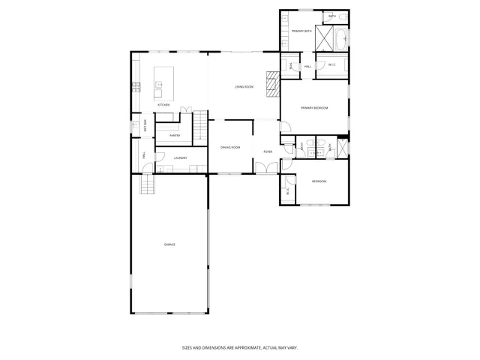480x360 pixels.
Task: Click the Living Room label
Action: pyautogui.click(x=244, y=87)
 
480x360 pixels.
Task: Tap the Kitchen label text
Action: pyautogui.click(x=163, y=105)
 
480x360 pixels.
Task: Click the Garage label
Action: pyautogui.click(x=169, y=244)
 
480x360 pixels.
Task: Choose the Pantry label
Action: pyautogui.click(x=175, y=136)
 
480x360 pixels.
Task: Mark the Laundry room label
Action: pyautogui.click(x=180, y=158)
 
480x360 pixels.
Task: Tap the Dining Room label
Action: pyautogui.click(x=230, y=148)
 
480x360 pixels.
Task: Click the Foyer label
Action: pyautogui.click(x=267, y=151)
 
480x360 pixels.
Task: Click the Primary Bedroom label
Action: pyautogui.click(x=315, y=108)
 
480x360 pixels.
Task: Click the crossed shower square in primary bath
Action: pyautogui.click(x=323, y=37)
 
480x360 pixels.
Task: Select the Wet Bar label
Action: pyautogui.click(x=145, y=127)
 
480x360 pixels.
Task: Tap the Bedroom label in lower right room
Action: pyautogui.click(x=319, y=181)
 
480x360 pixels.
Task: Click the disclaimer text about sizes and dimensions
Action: pyautogui.click(x=240, y=347)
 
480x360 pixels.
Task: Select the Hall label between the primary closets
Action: pyautogui.click(x=307, y=67)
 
